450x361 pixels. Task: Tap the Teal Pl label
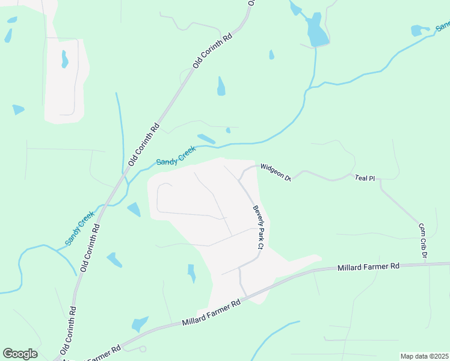click(x=365, y=178)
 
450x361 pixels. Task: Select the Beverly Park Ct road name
click(x=259, y=227)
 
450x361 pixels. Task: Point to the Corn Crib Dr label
click(x=423, y=241)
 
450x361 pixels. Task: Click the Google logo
click(x=20, y=354)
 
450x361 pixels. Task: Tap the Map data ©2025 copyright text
click(x=424, y=356)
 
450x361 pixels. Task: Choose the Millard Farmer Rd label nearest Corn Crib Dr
click(x=369, y=266)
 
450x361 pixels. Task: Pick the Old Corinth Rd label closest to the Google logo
click(x=68, y=331)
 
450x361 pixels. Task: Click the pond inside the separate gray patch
click(x=64, y=59)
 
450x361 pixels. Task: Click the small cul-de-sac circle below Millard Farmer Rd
click(x=143, y=348)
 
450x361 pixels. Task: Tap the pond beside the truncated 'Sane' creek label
click(x=417, y=30)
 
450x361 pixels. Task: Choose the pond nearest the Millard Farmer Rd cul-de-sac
click(x=140, y=324)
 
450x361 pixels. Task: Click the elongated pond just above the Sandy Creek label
click(x=206, y=138)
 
